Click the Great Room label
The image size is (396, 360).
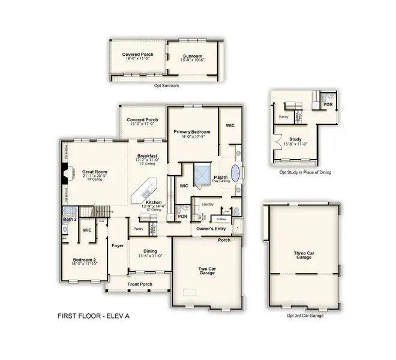point(94,172)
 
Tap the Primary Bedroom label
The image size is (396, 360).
point(191,131)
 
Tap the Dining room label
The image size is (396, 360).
point(151,251)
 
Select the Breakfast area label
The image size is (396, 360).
point(147,155)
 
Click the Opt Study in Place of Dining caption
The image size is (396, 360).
point(305,172)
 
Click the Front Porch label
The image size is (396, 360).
point(140,284)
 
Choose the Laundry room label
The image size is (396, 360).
point(208,204)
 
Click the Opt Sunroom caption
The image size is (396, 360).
point(166,85)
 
